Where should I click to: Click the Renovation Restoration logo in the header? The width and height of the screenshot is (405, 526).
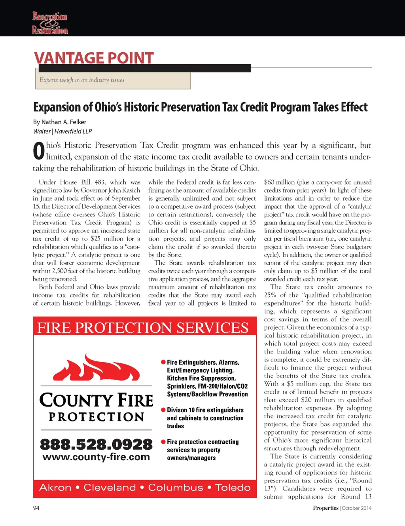click(x=50, y=23)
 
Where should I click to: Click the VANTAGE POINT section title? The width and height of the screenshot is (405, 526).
click(x=94, y=58)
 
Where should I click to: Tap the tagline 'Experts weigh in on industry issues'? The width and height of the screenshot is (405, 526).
click(x=82, y=80)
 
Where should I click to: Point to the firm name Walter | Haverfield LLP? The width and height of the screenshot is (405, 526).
click(x=62, y=131)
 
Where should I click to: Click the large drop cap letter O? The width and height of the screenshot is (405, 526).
click(x=39, y=151)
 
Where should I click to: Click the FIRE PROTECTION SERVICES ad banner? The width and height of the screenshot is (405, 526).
click(x=143, y=328)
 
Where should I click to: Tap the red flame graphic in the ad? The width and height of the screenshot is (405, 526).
click(x=96, y=368)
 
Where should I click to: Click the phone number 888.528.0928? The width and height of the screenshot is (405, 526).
click(x=96, y=444)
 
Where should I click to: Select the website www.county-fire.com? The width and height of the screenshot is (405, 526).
click(x=96, y=457)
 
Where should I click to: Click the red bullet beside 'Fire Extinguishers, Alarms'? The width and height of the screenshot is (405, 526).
click(x=163, y=362)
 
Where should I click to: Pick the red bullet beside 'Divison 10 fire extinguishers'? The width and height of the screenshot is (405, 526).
click(x=163, y=410)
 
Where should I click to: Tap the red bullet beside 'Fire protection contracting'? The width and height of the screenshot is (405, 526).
click(x=163, y=442)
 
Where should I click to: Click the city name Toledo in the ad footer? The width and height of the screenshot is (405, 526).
click(x=233, y=488)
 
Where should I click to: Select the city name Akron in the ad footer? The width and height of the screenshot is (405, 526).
click(x=55, y=488)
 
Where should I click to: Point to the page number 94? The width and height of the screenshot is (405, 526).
click(x=36, y=508)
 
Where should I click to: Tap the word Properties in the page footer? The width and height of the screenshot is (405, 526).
click(x=326, y=508)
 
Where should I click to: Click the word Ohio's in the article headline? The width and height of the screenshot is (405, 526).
click(x=108, y=107)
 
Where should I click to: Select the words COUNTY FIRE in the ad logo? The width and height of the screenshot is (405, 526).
click(x=96, y=400)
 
